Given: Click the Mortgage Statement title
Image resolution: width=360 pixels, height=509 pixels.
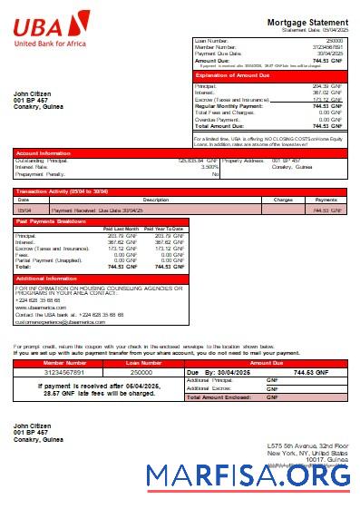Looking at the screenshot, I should (x=306, y=22).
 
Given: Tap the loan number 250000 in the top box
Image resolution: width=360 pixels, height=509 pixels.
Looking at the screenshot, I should (x=335, y=41).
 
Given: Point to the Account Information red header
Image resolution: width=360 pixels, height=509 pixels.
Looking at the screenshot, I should (x=44, y=153).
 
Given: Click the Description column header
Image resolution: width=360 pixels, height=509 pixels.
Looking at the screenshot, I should (x=156, y=199).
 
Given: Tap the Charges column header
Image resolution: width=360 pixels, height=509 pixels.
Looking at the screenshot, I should (x=282, y=199).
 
